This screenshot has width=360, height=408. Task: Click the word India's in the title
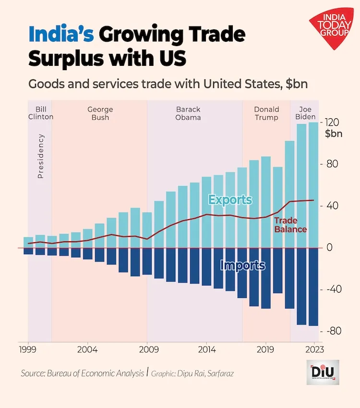click(61, 36)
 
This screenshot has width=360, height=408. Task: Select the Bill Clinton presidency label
click(40, 113)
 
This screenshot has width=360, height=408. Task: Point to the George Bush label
click(100, 113)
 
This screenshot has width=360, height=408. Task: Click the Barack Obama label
click(188, 113)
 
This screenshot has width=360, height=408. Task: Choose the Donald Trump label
click(266, 113)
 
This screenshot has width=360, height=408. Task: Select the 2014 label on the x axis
click(207, 349)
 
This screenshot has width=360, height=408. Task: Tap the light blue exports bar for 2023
click(313, 185)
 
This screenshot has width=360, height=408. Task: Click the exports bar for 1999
click(28, 242)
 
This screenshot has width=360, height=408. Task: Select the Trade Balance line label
click(290, 225)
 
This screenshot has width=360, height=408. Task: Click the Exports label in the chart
click(230, 199)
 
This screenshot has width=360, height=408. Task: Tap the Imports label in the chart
click(242, 265)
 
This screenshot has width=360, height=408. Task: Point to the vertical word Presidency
click(41, 156)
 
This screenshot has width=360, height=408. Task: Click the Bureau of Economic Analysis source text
click(82, 373)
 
